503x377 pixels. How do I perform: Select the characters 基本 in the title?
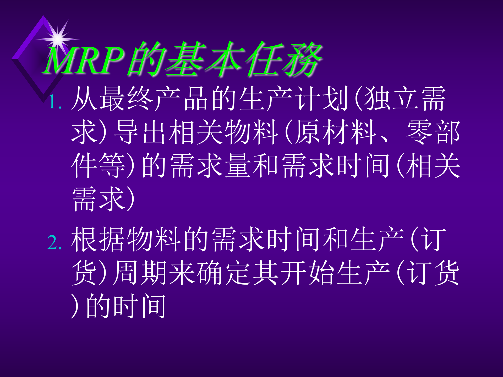click(x=204, y=60)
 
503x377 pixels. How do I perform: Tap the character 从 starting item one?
click(x=84, y=99)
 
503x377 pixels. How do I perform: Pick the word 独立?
click(x=390, y=99)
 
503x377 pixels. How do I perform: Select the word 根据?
click(x=99, y=239)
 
